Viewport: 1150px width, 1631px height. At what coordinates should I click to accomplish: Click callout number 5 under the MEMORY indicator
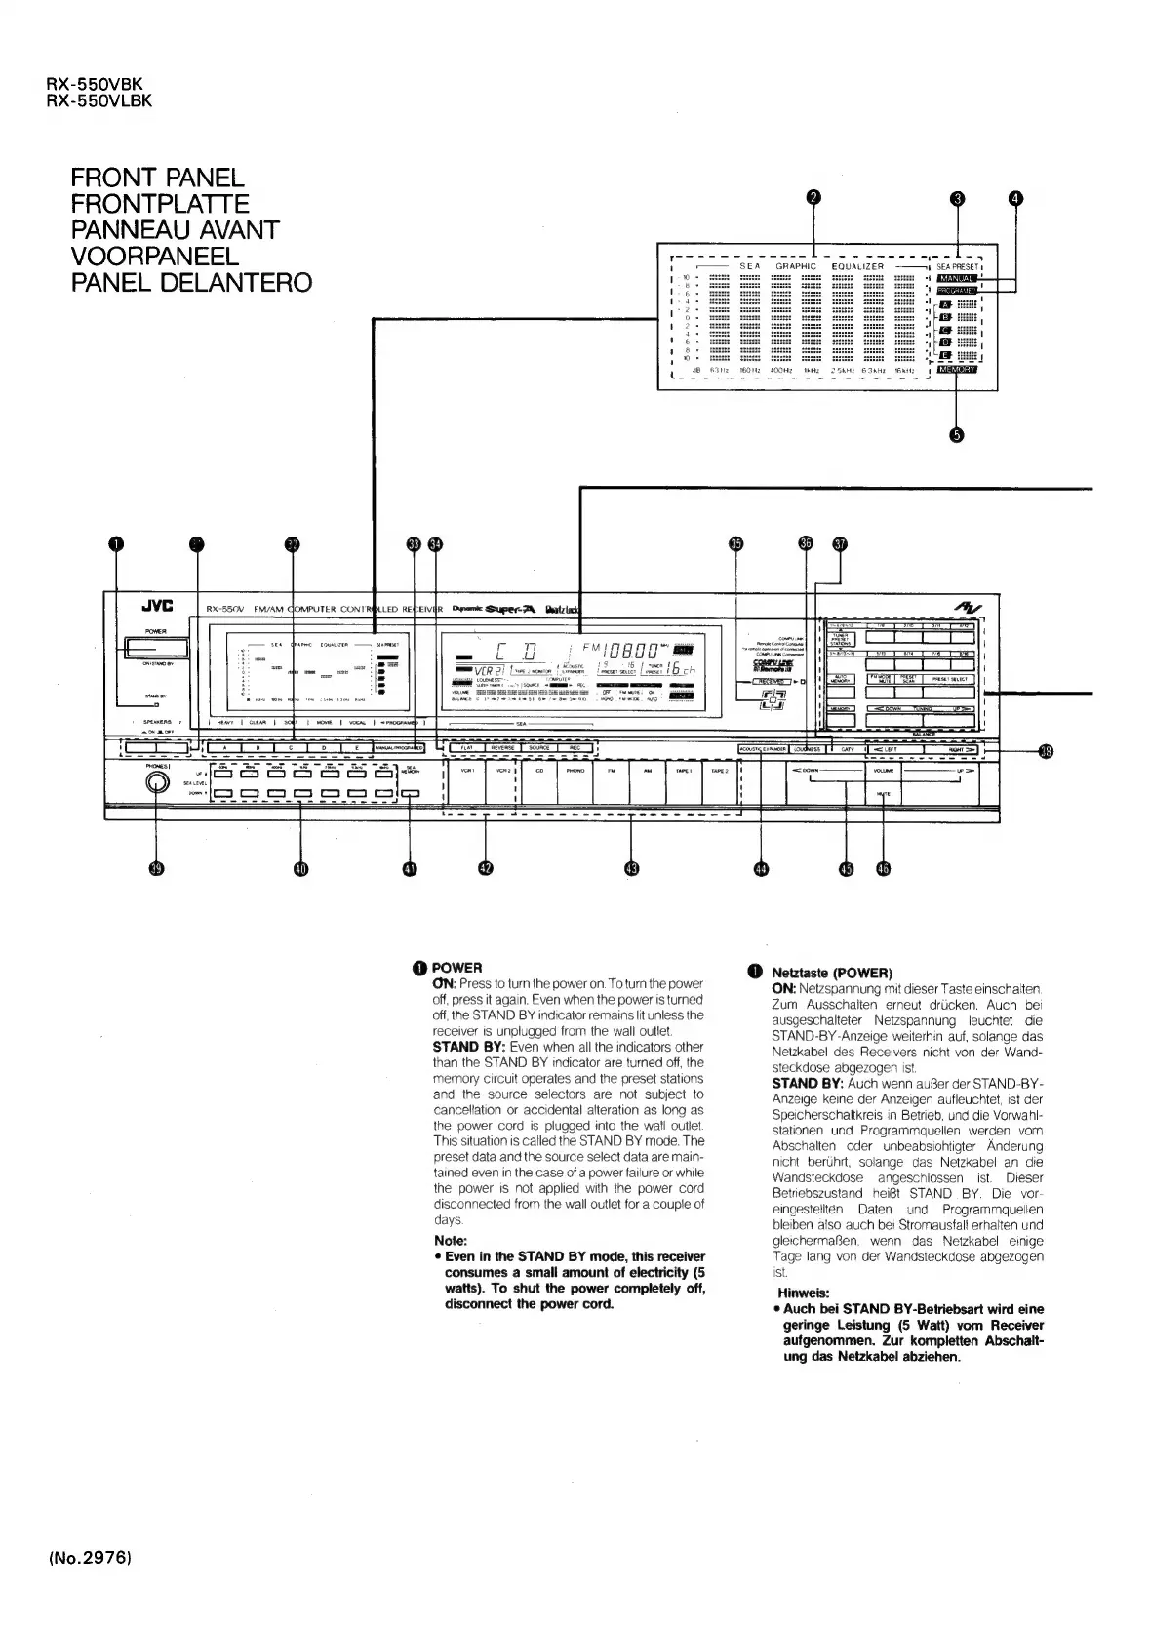[x=957, y=435]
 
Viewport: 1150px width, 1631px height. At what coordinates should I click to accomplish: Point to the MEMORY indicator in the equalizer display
[x=957, y=370]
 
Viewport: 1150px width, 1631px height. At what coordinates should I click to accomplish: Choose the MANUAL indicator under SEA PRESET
[x=956, y=278]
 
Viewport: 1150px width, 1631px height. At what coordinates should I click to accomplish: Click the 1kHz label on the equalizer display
[x=811, y=370]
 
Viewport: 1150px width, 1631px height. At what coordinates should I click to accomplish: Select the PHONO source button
[x=575, y=770]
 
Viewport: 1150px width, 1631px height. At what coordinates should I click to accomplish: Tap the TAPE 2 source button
[x=720, y=770]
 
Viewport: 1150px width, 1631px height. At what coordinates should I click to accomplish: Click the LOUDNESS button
[x=807, y=749]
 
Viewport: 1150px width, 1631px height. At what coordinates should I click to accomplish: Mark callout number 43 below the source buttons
[x=632, y=868]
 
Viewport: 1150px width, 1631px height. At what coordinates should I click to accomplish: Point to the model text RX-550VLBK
[x=99, y=99]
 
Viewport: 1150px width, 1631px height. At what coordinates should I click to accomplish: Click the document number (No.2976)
[x=89, y=1584]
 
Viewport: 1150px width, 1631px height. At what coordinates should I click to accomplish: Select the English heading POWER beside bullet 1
[x=457, y=967]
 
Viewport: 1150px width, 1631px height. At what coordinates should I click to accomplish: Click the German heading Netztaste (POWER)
[x=831, y=973]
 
